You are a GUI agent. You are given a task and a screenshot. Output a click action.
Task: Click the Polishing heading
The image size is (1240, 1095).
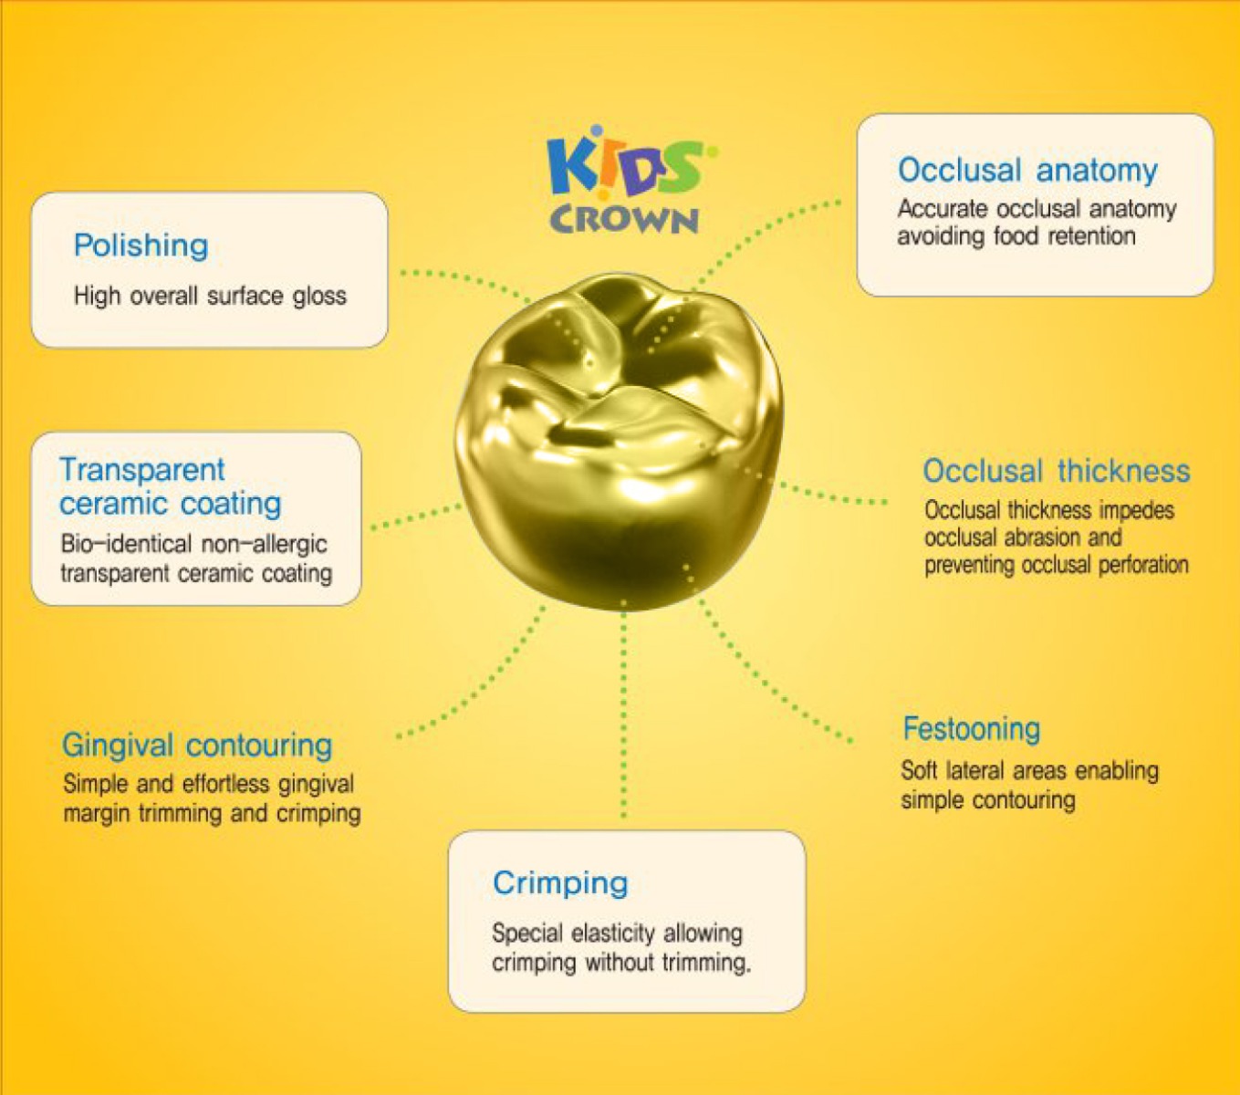pos(141,245)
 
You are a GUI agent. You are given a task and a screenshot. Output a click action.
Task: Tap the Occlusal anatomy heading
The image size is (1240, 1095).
pos(1027,171)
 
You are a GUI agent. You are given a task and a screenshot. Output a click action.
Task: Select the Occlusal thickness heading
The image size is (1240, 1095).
pos(1056,471)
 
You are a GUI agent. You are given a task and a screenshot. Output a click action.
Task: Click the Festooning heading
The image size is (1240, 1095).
pos(971,729)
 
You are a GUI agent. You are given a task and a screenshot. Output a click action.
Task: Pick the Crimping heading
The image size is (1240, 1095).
pos(560,883)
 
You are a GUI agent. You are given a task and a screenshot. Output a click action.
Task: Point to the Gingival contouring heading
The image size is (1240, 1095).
pos(196,745)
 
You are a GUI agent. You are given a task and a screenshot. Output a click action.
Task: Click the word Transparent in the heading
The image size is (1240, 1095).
pos(141,469)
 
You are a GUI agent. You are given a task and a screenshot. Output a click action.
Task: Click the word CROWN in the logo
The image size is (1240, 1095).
pos(624,220)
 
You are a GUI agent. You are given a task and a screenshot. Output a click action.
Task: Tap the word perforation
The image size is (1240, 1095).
pos(1142,565)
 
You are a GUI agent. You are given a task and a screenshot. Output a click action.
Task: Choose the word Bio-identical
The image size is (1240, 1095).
pos(112,544)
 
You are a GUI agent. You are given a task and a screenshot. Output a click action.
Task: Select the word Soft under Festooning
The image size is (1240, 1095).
pos(919,771)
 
